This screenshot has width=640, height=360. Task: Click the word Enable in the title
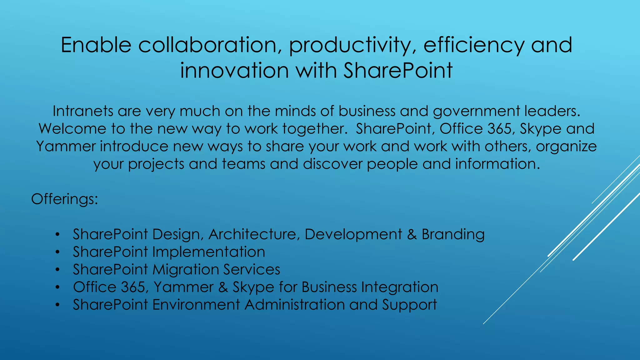coord(96,45)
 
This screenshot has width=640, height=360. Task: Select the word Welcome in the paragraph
coord(72,129)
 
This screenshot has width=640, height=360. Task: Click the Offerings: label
coord(65,199)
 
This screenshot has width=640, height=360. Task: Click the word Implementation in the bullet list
coord(208,252)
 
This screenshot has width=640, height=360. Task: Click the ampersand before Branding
coord(412,235)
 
